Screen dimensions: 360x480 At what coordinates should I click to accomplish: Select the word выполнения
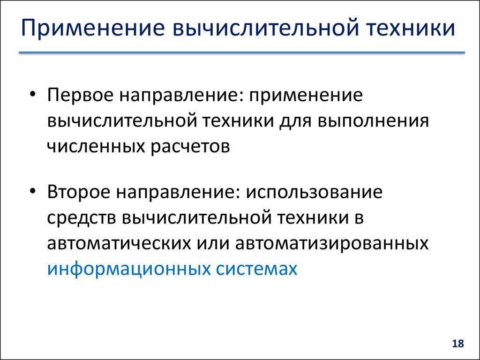pyautogui.click(x=374, y=120)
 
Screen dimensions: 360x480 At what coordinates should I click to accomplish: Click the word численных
pyautogui.click(x=96, y=146)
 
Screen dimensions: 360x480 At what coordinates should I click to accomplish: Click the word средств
pyautogui.click(x=81, y=218)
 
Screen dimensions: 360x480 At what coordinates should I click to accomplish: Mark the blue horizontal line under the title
pyautogui.click(x=241, y=53)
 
